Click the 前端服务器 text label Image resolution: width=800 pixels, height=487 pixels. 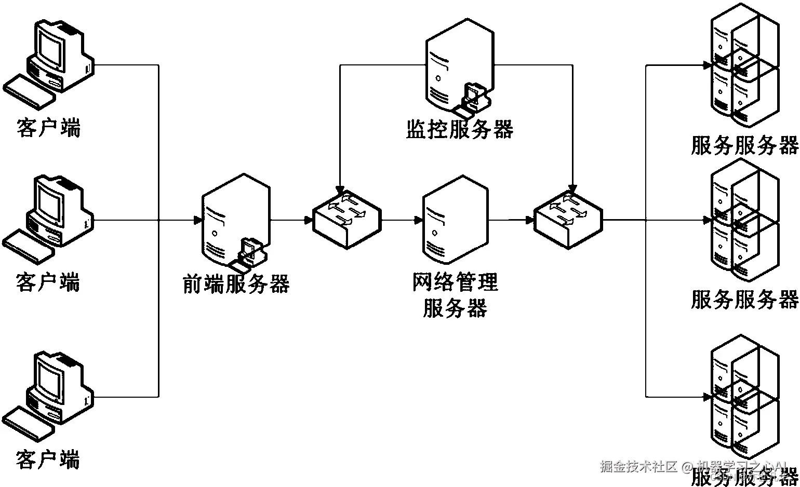point(236,283)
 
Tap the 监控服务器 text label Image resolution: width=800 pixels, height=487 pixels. point(459,129)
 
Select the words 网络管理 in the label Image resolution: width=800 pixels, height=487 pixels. point(455,282)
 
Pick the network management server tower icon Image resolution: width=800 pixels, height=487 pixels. point(455,221)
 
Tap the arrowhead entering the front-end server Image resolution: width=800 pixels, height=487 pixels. point(197,221)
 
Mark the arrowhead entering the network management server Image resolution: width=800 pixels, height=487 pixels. point(419,221)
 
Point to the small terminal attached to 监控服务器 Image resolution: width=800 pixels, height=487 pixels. point(472,99)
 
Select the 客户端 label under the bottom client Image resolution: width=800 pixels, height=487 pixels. point(48,459)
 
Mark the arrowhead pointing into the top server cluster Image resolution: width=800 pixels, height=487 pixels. point(706,65)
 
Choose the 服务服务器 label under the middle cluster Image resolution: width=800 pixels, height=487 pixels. point(744,300)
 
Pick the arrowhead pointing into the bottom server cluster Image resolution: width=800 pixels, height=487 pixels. point(706,397)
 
